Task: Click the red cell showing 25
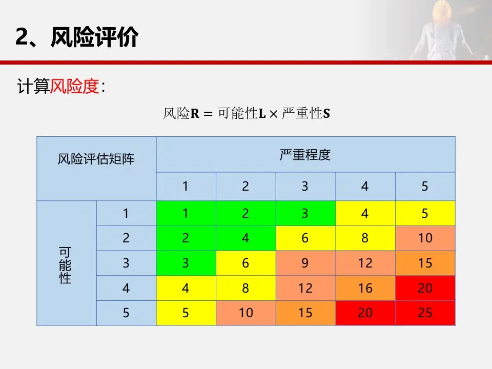click(x=425, y=313)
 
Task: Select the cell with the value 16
click(x=365, y=288)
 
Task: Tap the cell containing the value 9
click(x=305, y=263)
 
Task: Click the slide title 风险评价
click(x=94, y=37)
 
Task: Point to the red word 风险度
click(x=74, y=87)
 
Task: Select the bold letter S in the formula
click(x=326, y=114)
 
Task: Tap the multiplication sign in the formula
click(x=273, y=114)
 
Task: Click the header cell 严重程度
click(x=305, y=155)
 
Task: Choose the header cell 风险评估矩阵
click(x=96, y=159)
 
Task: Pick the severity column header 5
click(x=425, y=187)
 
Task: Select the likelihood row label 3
click(x=126, y=263)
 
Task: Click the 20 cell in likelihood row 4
click(x=425, y=288)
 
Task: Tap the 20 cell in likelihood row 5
click(x=365, y=313)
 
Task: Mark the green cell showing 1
click(x=186, y=213)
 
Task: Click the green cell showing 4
click(x=245, y=238)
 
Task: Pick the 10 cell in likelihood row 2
click(x=425, y=238)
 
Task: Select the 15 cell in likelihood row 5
click(x=305, y=313)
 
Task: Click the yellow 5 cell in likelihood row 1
click(x=425, y=213)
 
